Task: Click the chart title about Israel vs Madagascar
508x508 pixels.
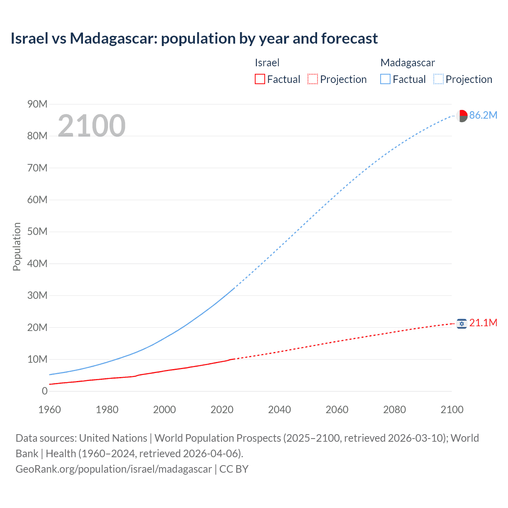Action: coord(194,38)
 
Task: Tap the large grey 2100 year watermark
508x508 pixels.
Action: coord(92,126)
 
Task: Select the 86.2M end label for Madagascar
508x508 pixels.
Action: coord(483,115)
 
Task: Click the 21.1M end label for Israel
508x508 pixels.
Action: coord(483,323)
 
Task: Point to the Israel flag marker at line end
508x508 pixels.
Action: coord(461,324)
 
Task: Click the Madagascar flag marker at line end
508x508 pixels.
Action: coord(462,116)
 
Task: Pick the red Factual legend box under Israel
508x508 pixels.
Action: coord(260,79)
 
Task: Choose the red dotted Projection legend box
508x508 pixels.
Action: coord(313,79)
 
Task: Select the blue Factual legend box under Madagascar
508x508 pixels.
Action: coord(385,79)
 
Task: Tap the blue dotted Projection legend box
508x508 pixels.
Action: coord(438,79)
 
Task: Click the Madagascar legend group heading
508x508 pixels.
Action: coord(407,63)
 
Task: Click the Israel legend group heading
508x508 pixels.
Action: coord(267,63)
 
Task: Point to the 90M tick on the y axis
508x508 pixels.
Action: coord(37,104)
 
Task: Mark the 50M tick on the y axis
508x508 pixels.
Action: coord(37,231)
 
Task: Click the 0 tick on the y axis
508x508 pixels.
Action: coord(44,391)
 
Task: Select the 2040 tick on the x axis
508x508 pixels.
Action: coord(279,410)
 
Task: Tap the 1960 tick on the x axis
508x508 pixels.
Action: coord(50,410)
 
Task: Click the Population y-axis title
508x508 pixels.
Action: coord(17,246)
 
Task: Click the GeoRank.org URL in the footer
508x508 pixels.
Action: coord(114,469)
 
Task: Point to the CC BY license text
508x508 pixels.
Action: coord(234,469)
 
